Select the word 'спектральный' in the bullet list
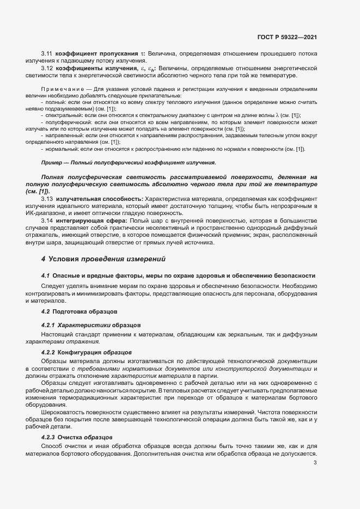tap(64, 115)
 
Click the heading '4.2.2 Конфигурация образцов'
tap(86, 353)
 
